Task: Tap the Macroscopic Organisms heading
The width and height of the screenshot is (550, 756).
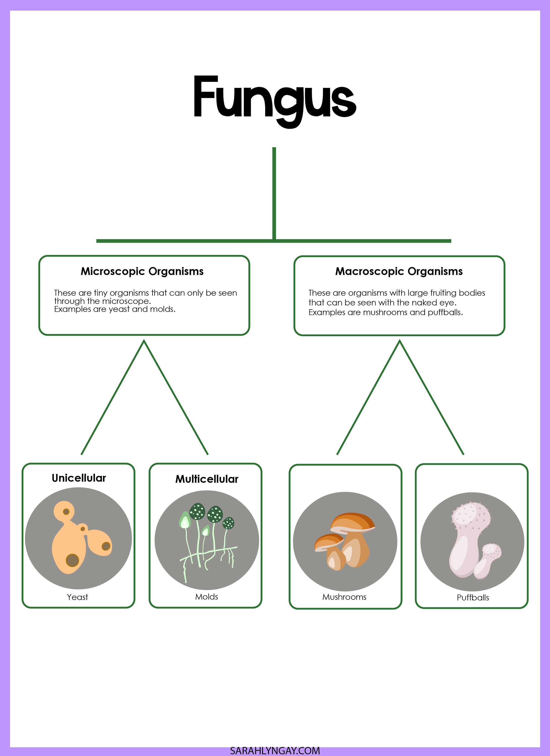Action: pos(399,271)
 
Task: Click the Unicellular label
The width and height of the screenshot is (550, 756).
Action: pos(79,478)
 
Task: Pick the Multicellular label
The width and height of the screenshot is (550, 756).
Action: pos(207,479)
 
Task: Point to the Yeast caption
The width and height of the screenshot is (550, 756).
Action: pos(77,597)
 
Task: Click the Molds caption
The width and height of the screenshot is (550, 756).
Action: pos(206,597)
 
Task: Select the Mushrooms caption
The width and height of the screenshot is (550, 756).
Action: pos(344,597)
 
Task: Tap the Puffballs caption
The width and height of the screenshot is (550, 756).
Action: pos(472,598)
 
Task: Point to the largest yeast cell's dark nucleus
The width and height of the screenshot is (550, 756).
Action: pos(72,560)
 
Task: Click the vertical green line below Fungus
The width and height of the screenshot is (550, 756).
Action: pos(274,193)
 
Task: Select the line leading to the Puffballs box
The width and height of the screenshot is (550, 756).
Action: pos(432,397)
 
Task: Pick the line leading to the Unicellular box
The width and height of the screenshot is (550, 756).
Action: pos(113,397)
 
